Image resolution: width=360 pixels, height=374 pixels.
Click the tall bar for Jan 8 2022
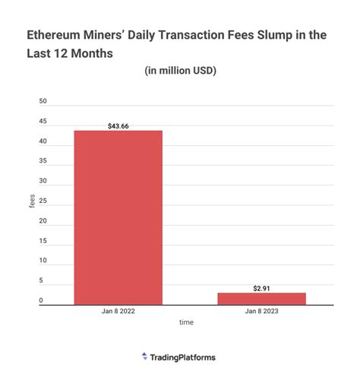coord(118,217)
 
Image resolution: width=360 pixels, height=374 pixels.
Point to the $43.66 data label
coord(118,125)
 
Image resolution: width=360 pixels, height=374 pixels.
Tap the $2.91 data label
coord(261,288)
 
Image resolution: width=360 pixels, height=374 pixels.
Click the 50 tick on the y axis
coord(43,102)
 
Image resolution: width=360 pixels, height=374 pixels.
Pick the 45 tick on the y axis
coord(43,122)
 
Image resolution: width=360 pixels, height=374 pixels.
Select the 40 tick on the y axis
coord(43,141)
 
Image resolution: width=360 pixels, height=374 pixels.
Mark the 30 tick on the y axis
coord(43,182)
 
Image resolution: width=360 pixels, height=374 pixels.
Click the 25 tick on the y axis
coord(43,201)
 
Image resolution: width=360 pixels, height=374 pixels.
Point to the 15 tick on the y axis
coord(43,241)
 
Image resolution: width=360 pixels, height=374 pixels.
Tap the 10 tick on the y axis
coord(43,261)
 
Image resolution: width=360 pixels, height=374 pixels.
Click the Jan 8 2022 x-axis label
coord(118,312)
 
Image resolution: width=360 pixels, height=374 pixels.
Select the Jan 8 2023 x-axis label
coord(261,312)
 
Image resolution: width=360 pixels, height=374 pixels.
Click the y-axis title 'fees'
coord(32,202)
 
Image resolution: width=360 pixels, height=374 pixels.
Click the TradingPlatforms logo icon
coord(145,356)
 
